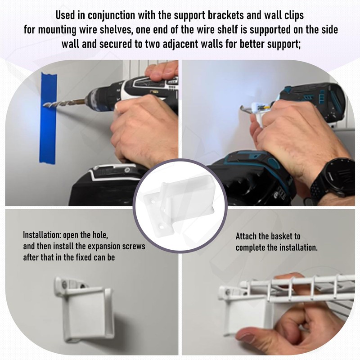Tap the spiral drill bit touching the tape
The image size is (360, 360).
pyautogui.click(x=65, y=103)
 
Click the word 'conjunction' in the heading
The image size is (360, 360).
pyautogui.click(x=112, y=16)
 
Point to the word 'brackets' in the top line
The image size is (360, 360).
pyautogui.click(x=225, y=15)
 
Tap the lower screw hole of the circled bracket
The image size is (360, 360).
pyautogui.click(x=162, y=227)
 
